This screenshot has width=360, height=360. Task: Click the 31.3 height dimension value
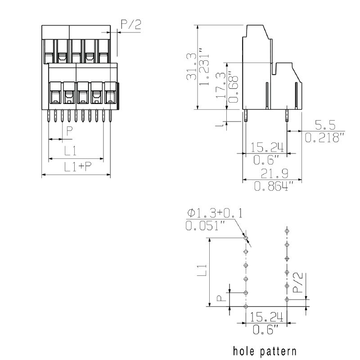click(191, 67)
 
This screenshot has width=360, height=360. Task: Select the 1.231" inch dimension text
click(204, 67)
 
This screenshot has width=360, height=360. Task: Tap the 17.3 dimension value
click(220, 85)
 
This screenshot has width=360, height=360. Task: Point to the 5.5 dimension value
click(325, 125)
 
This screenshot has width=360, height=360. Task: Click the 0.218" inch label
click(324, 138)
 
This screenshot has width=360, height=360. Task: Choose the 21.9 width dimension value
click(274, 174)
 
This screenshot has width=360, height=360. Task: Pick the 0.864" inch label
click(274, 186)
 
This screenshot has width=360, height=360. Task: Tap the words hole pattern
click(265, 351)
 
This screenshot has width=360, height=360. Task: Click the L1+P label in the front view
click(78, 166)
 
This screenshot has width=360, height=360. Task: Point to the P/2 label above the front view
click(131, 25)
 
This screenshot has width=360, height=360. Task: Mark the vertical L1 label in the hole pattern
click(202, 270)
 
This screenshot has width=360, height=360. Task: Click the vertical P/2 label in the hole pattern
click(298, 283)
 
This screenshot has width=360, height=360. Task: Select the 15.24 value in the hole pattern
click(266, 317)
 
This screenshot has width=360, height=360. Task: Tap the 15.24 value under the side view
click(267, 147)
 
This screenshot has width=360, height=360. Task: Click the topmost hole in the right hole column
click(287, 231)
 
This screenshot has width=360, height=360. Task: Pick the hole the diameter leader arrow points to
click(246, 238)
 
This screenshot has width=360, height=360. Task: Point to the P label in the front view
click(69, 130)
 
